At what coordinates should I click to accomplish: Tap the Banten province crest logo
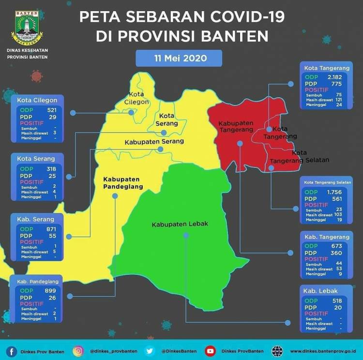[27, 26]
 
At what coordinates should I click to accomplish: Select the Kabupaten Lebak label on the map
[180, 225]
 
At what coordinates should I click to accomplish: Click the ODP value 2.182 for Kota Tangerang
[334, 77]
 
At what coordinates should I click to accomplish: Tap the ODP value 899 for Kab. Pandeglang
[50, 290]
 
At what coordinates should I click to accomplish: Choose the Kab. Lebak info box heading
[320, 291]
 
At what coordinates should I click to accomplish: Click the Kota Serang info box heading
[36, 159]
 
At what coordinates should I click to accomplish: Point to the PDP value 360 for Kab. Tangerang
[336, 253]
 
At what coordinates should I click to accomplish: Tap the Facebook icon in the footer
[12, 351]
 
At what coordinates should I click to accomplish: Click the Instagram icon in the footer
[78, 351]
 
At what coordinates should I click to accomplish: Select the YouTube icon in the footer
[210, 351]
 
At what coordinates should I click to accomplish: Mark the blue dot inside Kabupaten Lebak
[186, 235]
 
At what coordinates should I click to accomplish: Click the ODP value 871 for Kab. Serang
[50, 228]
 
